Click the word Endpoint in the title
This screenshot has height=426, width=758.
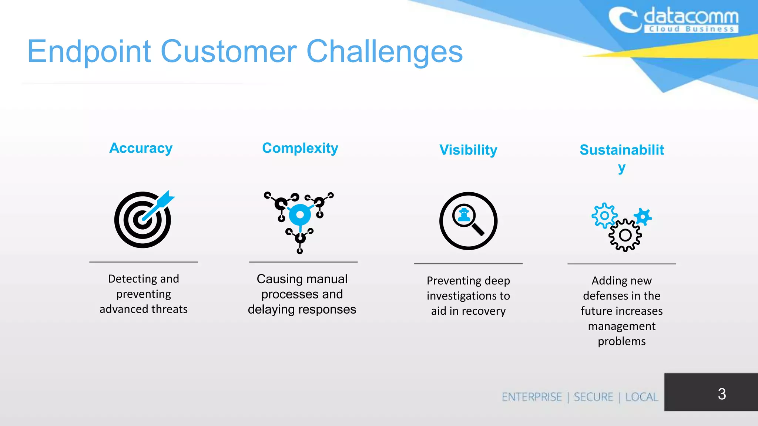tap(89, 52)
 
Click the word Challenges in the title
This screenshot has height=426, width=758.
tap(385, 52)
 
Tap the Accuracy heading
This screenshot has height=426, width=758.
tap(141, 148)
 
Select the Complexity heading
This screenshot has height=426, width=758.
tap(300, 148)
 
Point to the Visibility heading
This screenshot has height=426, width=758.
tap(468, 150)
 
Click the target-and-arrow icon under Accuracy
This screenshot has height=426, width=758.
tap(143, 220)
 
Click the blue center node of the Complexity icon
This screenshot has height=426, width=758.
tap(300, 215)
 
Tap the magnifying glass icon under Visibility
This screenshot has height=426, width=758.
tap(468, 221)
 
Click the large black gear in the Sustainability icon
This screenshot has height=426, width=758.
tap(625, 235)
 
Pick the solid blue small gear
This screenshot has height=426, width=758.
tap(643, 216)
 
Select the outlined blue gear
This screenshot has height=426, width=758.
tap(604, 216)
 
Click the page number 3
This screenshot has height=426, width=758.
tap(722, 394)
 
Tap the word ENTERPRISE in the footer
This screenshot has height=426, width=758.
tap(532, 397)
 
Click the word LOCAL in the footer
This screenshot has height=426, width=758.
tap(641, 397)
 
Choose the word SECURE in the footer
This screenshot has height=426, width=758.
tap(593, 397)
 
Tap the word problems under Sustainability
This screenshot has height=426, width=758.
tap(622, 341)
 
